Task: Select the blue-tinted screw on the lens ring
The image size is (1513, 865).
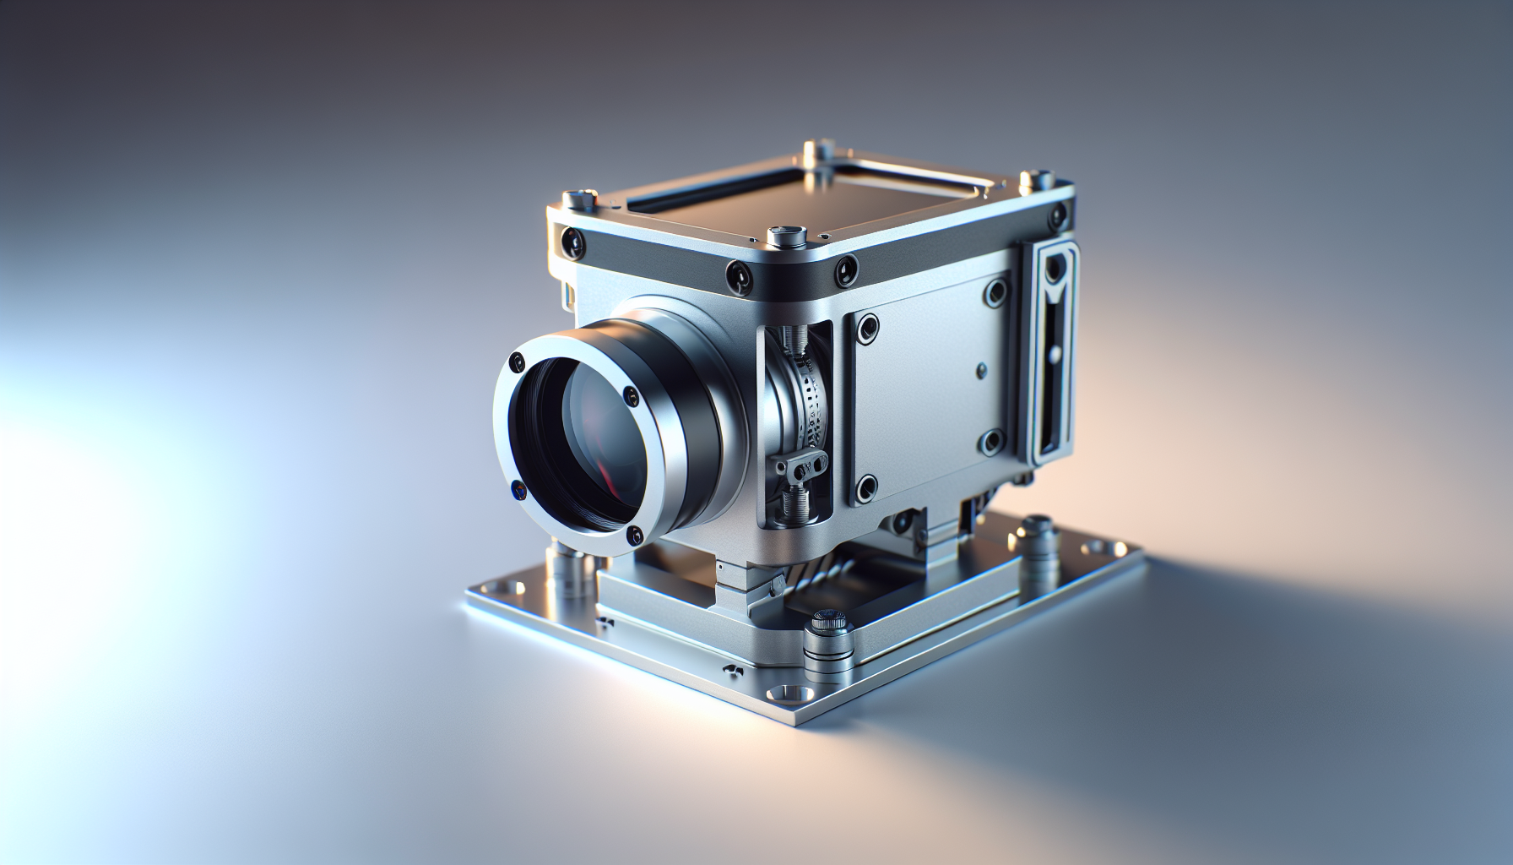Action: click(516, 488)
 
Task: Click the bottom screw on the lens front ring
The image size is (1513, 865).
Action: click(632, 534)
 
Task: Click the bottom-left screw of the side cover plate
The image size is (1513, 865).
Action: click(865, 487)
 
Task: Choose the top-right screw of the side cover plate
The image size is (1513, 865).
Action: click(995, 293)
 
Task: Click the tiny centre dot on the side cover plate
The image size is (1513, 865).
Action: click(980, 369)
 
